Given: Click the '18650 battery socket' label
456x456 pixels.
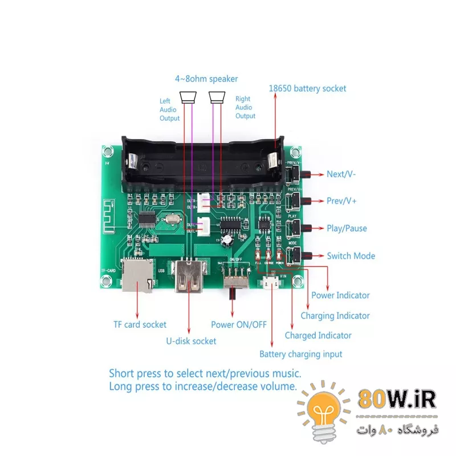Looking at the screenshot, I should coord(307,88).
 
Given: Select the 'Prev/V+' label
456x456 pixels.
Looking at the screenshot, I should coord(342,201).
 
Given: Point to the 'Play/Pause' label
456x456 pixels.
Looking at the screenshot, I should coord(347,228).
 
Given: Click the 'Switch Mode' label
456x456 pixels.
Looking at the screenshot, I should coord(351,256).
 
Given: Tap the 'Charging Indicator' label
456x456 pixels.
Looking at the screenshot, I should coord(335,316).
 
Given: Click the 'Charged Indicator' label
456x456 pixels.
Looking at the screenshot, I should coord(318,335).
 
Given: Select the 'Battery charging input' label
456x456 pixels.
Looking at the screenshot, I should coord(301,354).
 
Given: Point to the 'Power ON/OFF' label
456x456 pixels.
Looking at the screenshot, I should coord(239,324).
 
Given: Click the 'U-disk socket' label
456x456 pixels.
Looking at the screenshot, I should coord(191,341).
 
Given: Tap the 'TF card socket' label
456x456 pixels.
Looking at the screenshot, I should coord(140,324).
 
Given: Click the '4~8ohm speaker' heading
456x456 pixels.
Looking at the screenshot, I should coord(206,79).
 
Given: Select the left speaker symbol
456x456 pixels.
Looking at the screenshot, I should coord(188,97).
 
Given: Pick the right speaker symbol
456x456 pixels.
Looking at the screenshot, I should coord(217,97).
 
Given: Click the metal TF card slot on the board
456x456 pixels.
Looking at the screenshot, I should coord(138,276).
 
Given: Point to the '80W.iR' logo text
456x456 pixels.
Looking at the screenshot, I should coord(397,399).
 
